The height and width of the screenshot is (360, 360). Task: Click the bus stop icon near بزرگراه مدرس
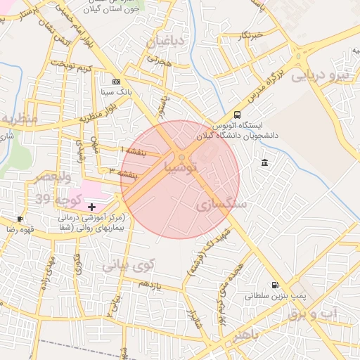pyautogui.click(x=237, y=114)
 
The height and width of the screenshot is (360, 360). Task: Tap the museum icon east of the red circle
pyautogui.click(x=264, y=163)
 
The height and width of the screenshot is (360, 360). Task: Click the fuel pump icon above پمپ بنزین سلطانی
pyautogui.click(x=274, y=285)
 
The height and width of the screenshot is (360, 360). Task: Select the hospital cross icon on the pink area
pyautogui.click(x=91, y=206)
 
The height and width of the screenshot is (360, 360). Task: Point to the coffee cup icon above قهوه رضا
pyautogui.click(x=20, y=219)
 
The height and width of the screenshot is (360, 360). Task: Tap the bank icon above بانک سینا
pyautogui.click(x=116, y=82)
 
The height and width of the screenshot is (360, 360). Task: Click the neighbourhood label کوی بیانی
pyautogui.click(x=127, y=266)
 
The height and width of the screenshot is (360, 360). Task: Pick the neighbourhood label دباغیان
pyautogui.click(x=166, y=41)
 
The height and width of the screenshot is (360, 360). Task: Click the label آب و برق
pyautogui.click(x=314, y=314)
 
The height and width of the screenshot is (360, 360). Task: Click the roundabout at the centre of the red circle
pyautogui.click(x=181, y=158)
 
